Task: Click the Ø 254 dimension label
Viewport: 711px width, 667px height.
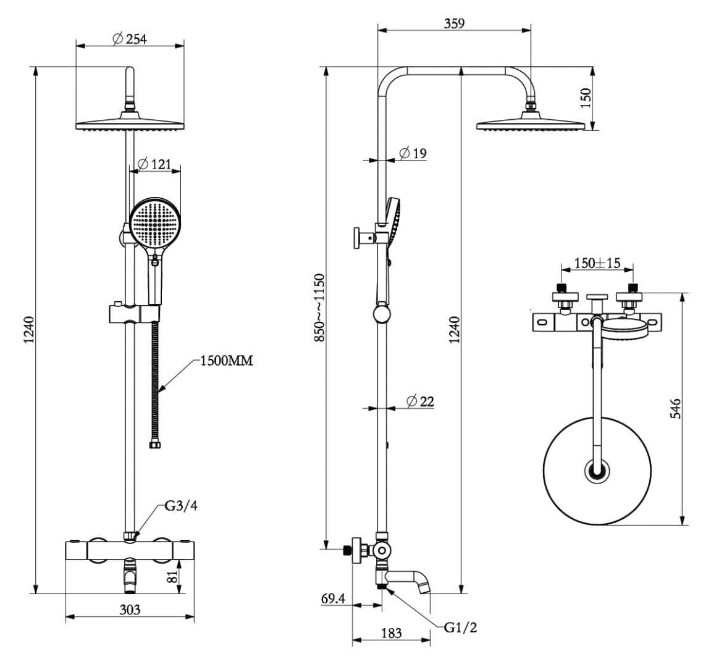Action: [x=130, y=38]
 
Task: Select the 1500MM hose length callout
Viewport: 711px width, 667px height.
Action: [x=226, y=361]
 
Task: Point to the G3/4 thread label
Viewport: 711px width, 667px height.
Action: [x=181, y=506]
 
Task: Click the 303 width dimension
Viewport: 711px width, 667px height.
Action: [x=129, y=610]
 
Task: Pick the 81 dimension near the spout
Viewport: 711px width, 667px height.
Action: [x=173, y=576]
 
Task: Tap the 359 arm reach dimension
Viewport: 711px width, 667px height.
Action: [x=454, y=23]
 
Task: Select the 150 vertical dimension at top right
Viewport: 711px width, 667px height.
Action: [x=586, y=97]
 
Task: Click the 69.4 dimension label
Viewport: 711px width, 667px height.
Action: [x=333, y=598]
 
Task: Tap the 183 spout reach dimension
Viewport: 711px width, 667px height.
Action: [x=391, y=633]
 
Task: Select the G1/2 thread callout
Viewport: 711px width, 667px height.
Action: [x=460, y=628]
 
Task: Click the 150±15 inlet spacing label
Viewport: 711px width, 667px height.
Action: [x=597, y=262]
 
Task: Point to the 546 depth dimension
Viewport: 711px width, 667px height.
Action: [x=675, y=409]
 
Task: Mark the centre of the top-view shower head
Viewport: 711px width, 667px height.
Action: [x=597, y=471]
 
